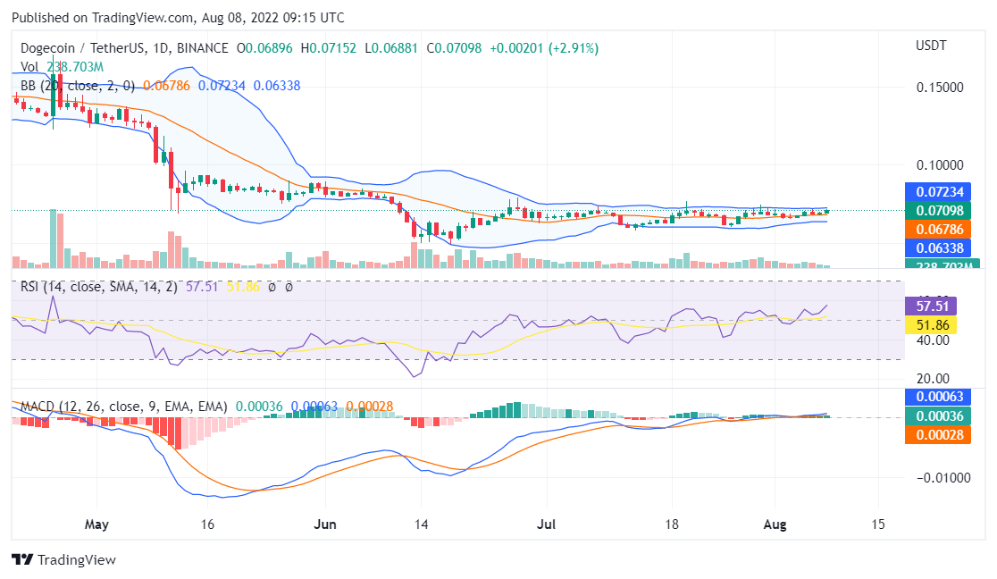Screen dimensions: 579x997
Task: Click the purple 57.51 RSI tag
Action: tap(932, 305)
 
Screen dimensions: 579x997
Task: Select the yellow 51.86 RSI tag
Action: tap(932, 323)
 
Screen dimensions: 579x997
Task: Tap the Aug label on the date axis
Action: tap(775, 524)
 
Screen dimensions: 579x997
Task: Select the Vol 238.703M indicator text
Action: tap(62, 67)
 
